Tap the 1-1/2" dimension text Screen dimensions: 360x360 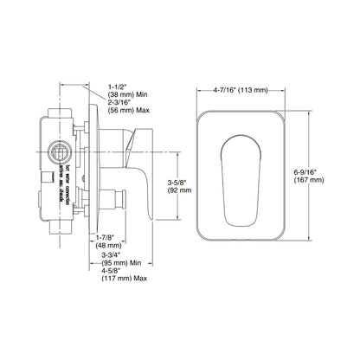pos(119,87)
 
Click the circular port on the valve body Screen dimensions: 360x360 pos(61,152)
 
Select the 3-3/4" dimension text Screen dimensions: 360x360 pos(116,255)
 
